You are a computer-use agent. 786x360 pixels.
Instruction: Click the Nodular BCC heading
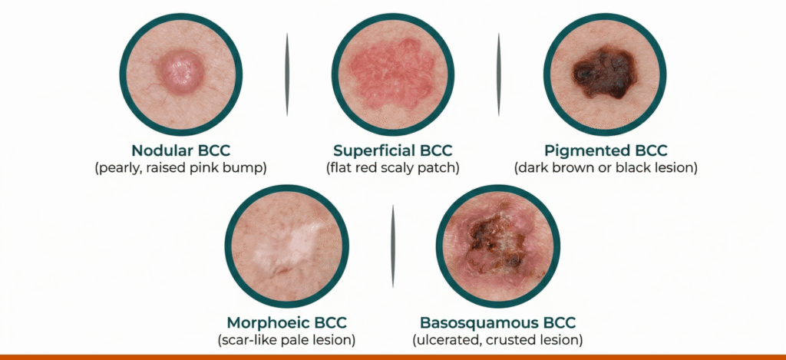coord(181,150)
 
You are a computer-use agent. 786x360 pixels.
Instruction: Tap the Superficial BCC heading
coord(393,150)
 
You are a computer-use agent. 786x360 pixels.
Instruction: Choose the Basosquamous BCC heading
coord(497,322)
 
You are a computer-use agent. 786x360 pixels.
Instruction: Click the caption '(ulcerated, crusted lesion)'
coord(497,339)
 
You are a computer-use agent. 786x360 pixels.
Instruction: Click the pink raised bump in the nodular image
coord(181,73)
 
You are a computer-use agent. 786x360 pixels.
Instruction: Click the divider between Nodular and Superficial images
coord(287,74)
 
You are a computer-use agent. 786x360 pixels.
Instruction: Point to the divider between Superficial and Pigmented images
coord(498,74)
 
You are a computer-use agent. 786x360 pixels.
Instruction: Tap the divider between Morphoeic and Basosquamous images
coord(393,246)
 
